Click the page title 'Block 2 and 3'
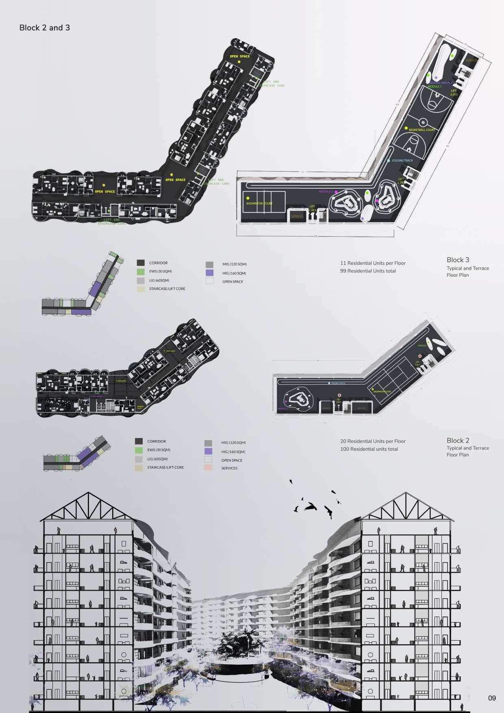pos(44,28)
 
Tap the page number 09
pos(492,698)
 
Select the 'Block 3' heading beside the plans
pos(458,260)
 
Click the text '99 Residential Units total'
pos(368,271)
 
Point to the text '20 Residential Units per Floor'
pos(373,441)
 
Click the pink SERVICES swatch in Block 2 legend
pos(208,468)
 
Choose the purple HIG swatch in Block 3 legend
pos(209,273)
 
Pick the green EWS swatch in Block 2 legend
pos(139,450)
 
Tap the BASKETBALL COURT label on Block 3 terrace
pos(421,130)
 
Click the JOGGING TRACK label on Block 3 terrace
pos(402,161)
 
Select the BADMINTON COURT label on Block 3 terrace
pos(259,203)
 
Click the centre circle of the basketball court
pos(423,122)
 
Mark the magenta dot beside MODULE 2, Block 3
pos(336,191)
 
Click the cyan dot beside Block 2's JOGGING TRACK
pos(329,384)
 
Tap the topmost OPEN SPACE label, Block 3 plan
pos(240,57)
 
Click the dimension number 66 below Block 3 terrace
pos(315,236)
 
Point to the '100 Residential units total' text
pos(369,449)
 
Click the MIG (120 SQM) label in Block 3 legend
pos(234,264)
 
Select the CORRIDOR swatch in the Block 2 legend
pos(139,441)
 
